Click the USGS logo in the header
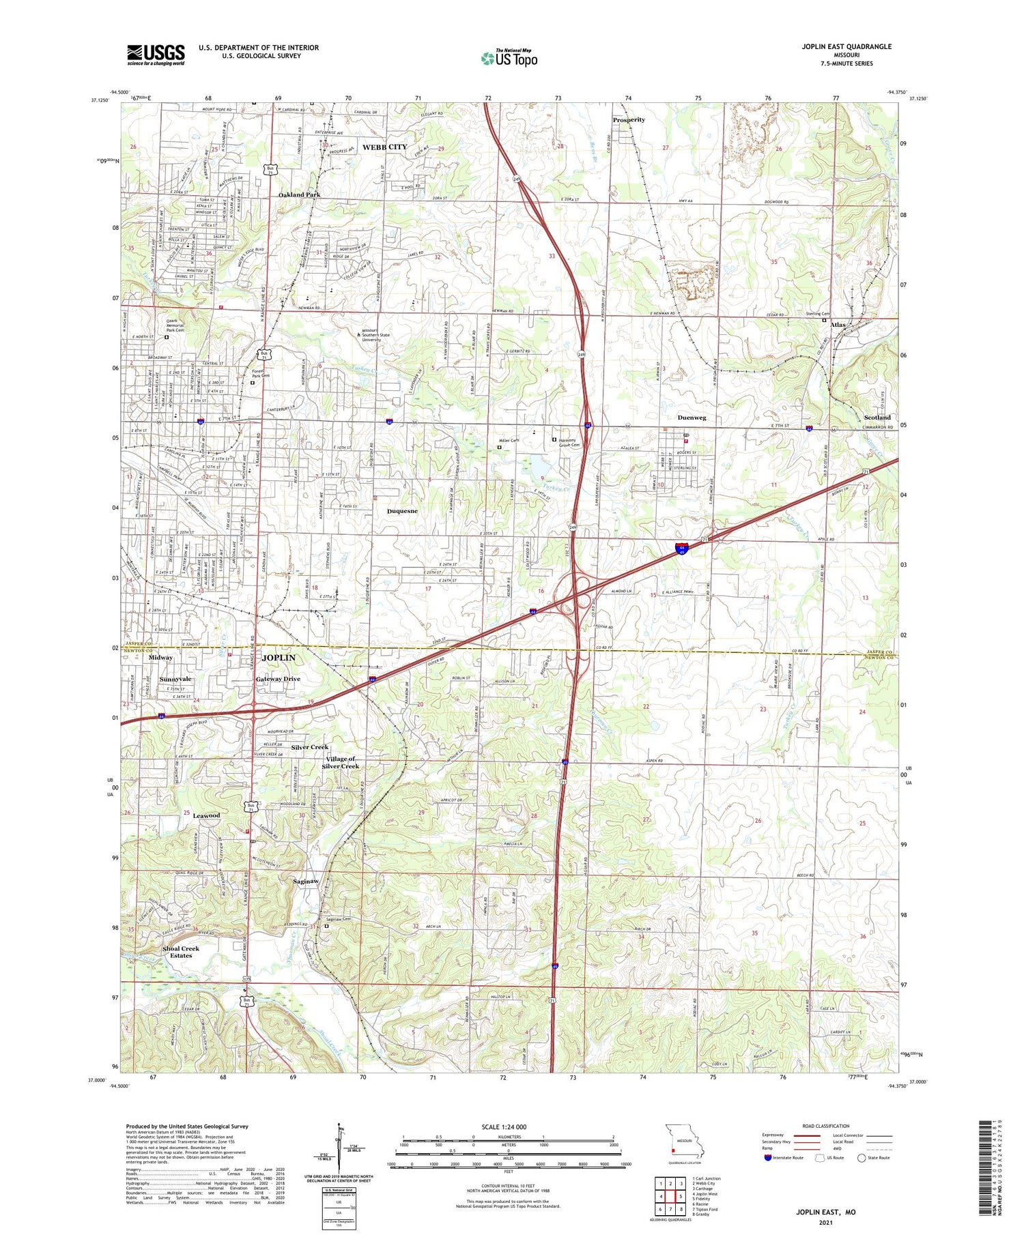pyautogui.click(x=156, y=55)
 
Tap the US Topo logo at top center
pyautogui.click(x=509, y=58)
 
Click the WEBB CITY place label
pyautogui.click(x=384, y=147)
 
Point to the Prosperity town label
pyautogui.click(x=629, y=120)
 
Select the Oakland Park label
pyautogui.click(x=299, y=195)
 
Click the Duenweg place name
pyautogui.click(x=692, y=418)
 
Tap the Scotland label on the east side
pyautogui.click(x=877, y=418)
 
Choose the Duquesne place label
pyautogui.click(x=402, y=511)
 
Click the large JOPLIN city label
pyautogui.click(x=279, y=658)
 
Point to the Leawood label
pyautogui.click(x=206, y=816)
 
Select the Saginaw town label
pyautogui.click(x=306, y=882)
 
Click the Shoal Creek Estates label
pyautogui.click(x=181, y=952)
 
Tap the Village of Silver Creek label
pyautogui.click(x=341, y=763)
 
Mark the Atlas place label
pyautogui.click(x=838, y=325)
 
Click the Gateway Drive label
pyautogui.click(x=278, y=680)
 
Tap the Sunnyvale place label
pyautogui.click(x=175, y=680)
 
